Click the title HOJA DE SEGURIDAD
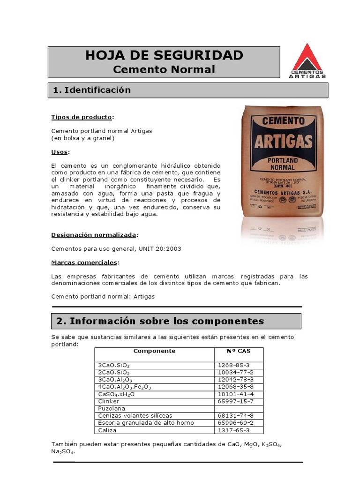tap(164, 55)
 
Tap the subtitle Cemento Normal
tap(164, 69)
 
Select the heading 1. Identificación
tap(92, 90)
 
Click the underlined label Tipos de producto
tap(82, 117)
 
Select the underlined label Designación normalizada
tap(94, 234)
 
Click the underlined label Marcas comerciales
tap(84, 262)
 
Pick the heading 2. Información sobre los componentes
tap(160, 321)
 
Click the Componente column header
tap(154, 351)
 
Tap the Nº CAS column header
tap(238, 351)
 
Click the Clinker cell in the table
tap(109, 401)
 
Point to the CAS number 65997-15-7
tap(236, 401)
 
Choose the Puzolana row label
tap(111, 409)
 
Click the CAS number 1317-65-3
tap(234, 430)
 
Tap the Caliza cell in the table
tap(107, 430)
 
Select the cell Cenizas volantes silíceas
tap(135, 416)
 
